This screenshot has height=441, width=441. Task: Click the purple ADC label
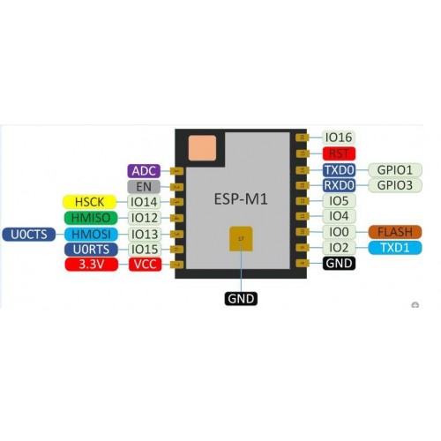(144, 171)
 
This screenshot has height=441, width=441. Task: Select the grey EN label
(144, 187)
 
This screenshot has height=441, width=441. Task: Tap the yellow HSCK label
(90, 202)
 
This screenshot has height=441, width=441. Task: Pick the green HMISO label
(91, 218)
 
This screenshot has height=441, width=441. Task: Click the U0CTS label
(29, 235)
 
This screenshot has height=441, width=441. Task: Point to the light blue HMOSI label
(91, 235)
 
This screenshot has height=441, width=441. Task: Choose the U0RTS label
(91, 250)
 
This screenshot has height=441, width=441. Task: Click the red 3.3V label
(92, 265)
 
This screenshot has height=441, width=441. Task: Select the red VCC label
(146, 265)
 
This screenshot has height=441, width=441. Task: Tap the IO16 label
(339, 138)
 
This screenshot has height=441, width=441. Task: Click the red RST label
(339, 153)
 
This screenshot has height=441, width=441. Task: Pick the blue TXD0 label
(339, 170)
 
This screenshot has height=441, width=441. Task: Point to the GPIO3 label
(395, 185)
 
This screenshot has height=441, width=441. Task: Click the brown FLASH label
(395, 232)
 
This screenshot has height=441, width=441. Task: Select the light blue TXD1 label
(395, 248)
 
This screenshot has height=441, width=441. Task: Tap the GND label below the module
(241, 299)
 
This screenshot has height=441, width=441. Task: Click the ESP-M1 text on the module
(241, 199)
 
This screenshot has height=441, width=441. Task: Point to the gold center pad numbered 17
(241, 239)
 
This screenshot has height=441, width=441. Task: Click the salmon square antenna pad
(202, 148)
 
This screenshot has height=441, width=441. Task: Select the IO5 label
(339, 201)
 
